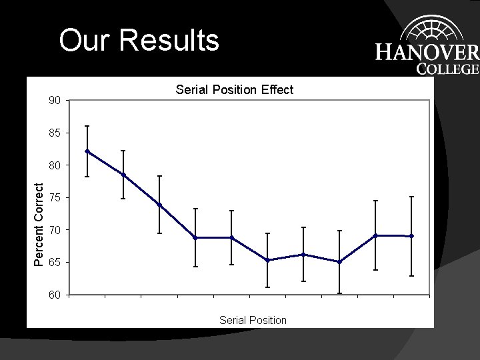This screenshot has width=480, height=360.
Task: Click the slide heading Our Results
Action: click(x=139, y=40)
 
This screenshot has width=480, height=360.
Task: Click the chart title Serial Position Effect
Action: click(x=234, y=89)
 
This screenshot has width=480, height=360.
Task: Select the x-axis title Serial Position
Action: click(x=253, y=320)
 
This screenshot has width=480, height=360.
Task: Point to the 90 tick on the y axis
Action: click(x=55, y=101)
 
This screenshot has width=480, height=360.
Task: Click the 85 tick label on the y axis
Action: click(x=55, y=133)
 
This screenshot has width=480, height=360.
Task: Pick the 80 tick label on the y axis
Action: click(x=55, y=165)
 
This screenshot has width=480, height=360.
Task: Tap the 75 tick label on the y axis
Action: click(x=55, y=198)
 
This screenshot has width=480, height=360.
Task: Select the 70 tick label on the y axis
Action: click(x=55, y=230)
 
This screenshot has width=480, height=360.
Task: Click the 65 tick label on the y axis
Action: click(x=55, y=263)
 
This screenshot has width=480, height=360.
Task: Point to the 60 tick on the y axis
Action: click(x=55, y=295)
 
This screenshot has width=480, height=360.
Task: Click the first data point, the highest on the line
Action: click(x=87, y=151)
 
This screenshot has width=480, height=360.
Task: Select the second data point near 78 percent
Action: click(x=123, y=175)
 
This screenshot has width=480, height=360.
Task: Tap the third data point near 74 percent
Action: click(x=159, y=205)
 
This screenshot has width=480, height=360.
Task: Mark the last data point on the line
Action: click(x=411, y=236)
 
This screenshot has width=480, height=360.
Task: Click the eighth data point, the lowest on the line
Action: click(x=339, y=262)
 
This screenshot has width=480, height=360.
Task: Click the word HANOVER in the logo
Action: click(x=427, y=53)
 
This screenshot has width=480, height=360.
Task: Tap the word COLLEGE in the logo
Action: click(x=447, y=69)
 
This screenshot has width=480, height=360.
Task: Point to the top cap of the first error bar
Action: click(x=87, y=126)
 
